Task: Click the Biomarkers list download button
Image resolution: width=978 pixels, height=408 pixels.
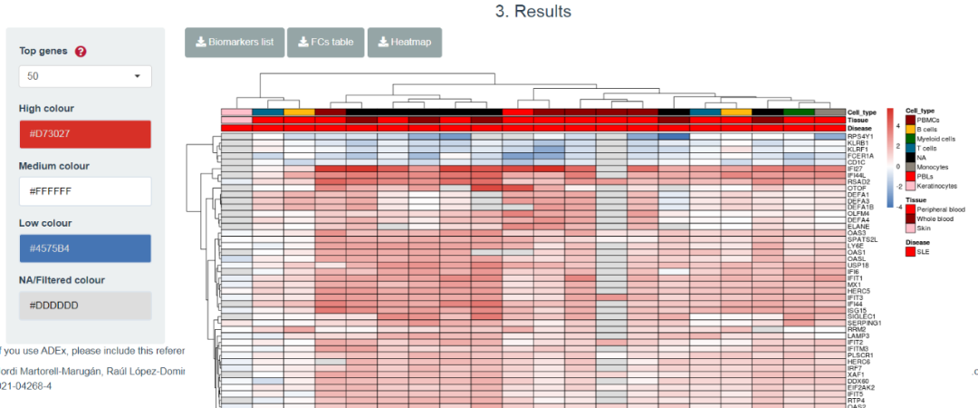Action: pyautogui.click(x=235, y=43)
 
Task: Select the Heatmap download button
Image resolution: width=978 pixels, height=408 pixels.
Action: pyautogui.click(x=404, y=43)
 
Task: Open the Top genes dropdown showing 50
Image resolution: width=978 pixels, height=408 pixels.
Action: pyautogui.click(x=85, y=76)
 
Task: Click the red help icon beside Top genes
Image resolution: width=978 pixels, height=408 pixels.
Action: pyautogui.click(x=81, y=52)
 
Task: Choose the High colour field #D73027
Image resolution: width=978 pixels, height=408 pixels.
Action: pyautogui.click(x=85, y=134)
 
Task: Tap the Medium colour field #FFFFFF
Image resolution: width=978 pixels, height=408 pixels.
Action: pyautogui.click(x=85, y=191)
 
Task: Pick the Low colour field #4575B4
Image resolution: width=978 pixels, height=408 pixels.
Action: pyautogui.click(x=85, y=248)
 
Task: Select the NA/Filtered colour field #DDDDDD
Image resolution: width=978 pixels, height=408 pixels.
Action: pyautogui.click(x=85, y=305)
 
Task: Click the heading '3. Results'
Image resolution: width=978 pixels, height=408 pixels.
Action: pyautogui.click(x=533, y=12)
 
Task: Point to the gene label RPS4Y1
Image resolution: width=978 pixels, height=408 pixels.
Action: pyautogui.click(x=859, y=137)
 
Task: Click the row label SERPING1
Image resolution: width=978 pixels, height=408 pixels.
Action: pyautogui.click(x=863, y=323)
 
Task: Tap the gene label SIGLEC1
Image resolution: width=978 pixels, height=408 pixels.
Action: pyautogui.click(x=860, y=316)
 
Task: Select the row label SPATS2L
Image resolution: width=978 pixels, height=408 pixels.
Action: pyautogui.click(x=862, y=239)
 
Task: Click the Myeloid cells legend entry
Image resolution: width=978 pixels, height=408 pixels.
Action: pyautogui.click(x=936, y=139)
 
